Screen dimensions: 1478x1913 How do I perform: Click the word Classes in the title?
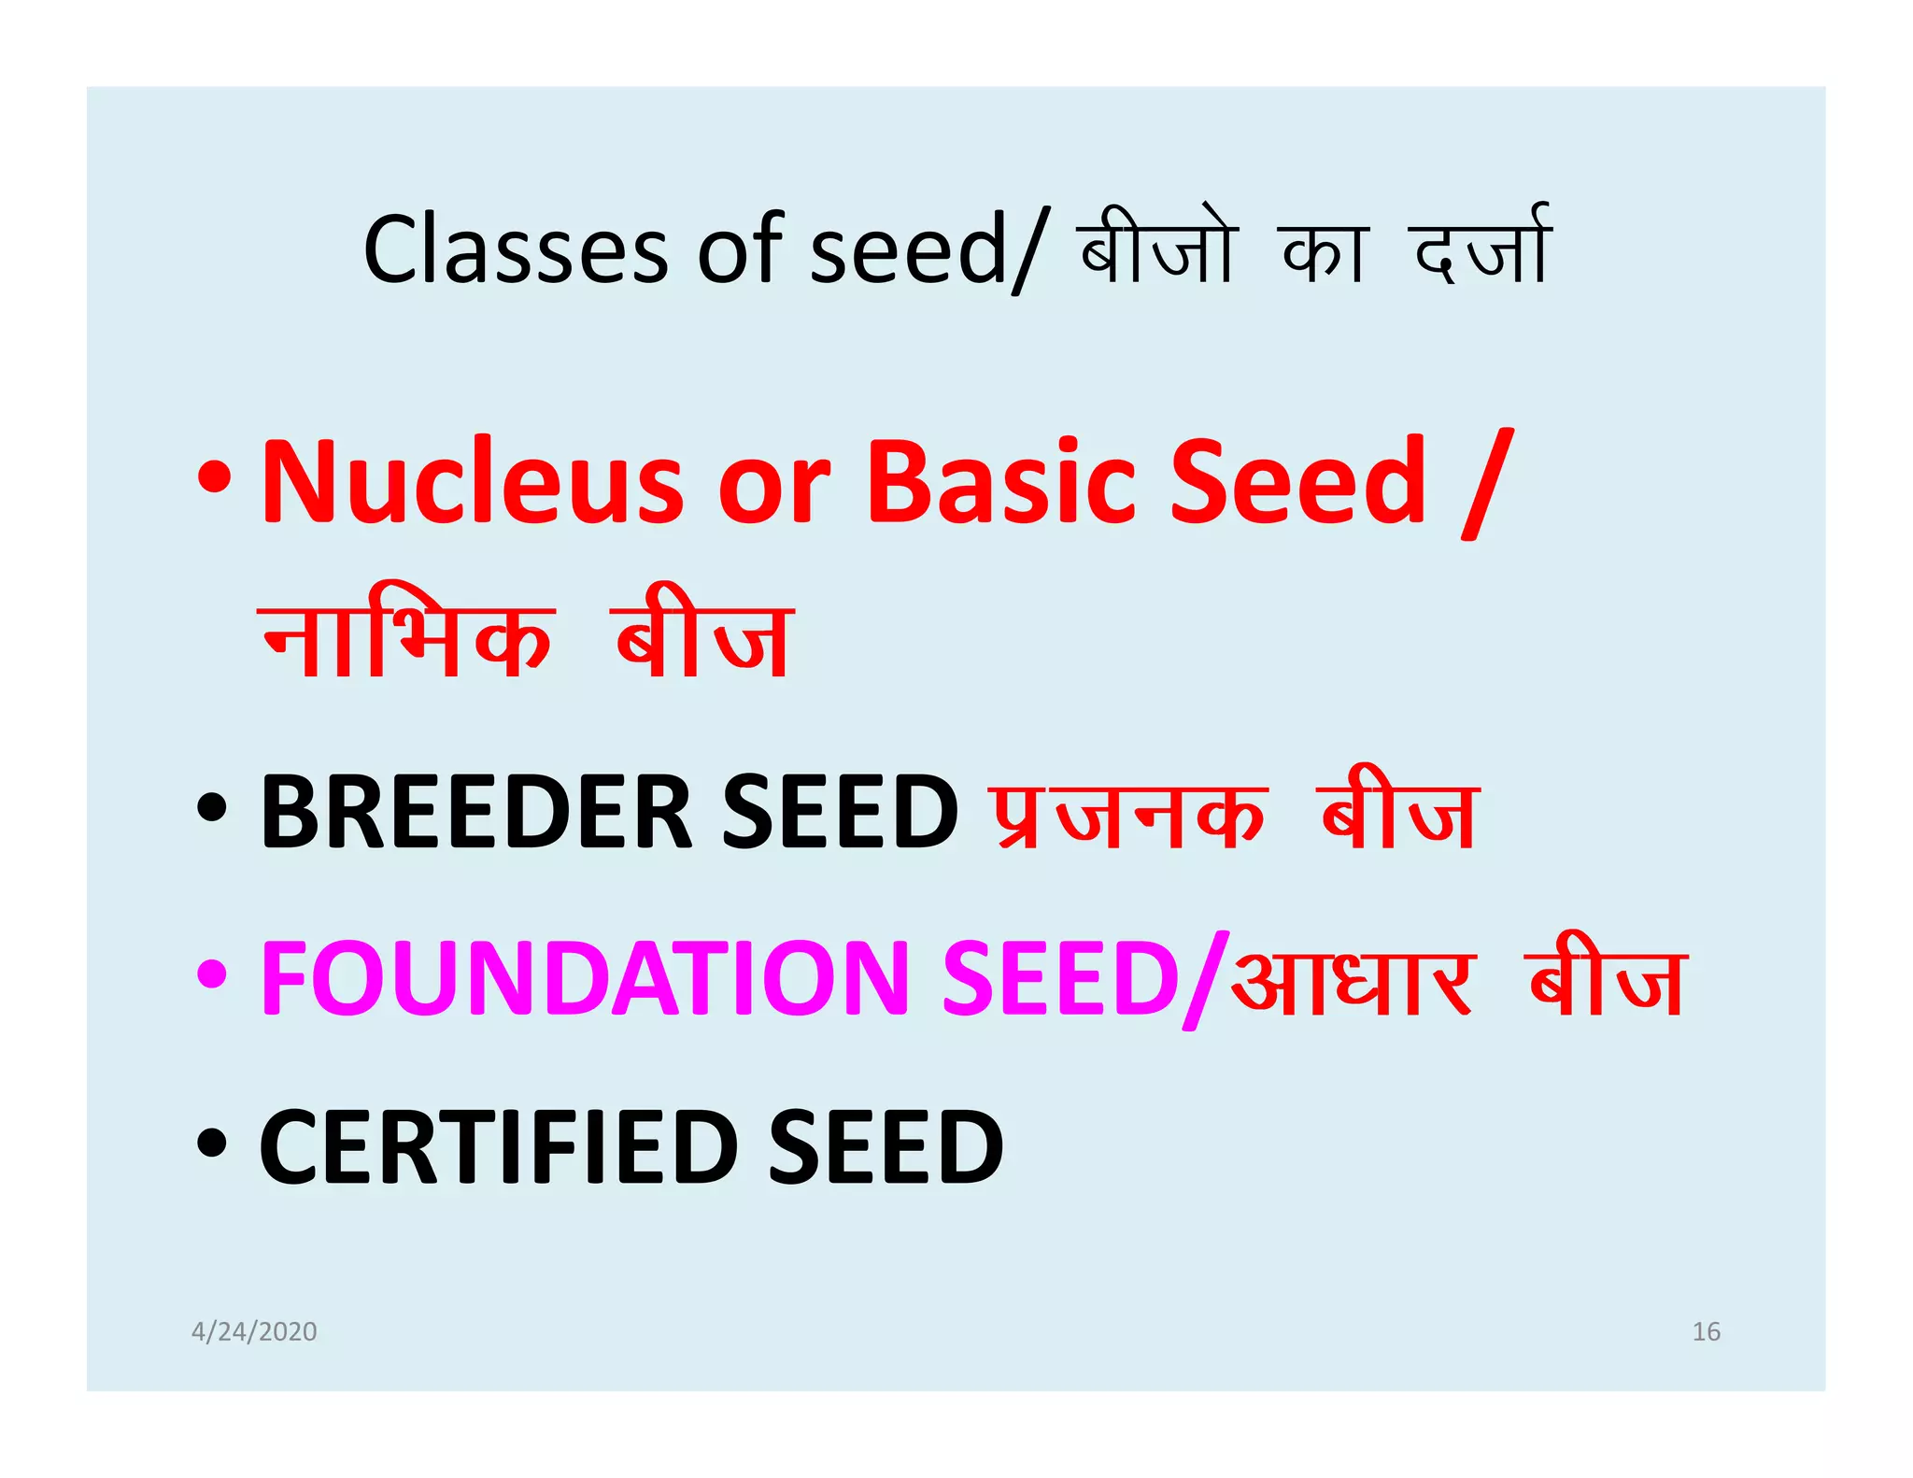[x=515, y=249]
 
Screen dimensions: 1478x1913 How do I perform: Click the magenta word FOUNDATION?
[x=585, y=979]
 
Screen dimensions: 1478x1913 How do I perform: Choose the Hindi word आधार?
[x=1353, y=981]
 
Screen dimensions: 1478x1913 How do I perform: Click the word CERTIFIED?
[x=499, y=1147]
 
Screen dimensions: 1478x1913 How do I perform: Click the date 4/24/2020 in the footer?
[x=254, y=1331]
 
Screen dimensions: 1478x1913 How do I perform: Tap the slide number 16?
[x=1706, y=1331]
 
